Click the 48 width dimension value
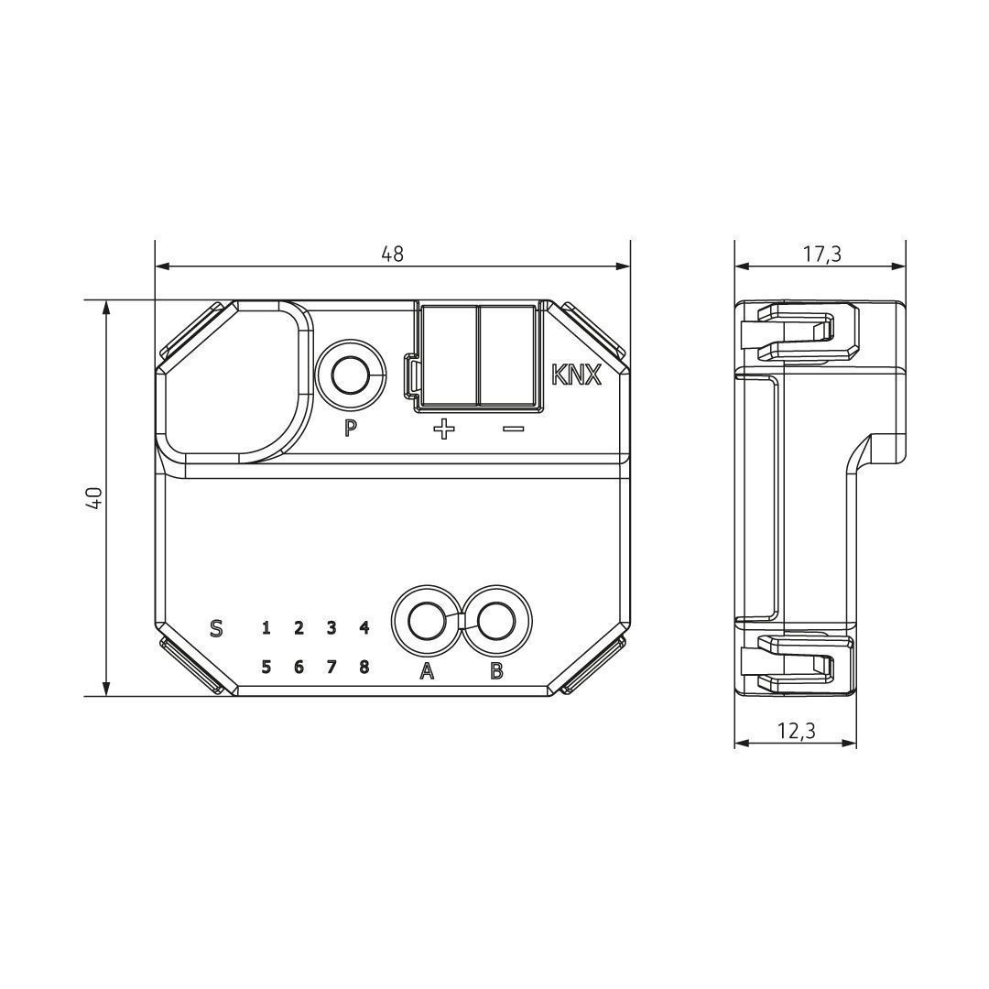pyautogui.click(x=392, y=254)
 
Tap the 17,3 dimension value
pyautogui.click(x=821, y=254)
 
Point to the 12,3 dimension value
pyautogui.click(x=796, y=730)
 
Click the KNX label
pyautogui.click(x=576, y=375)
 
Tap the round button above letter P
pyautogui.click(x=350, y=375)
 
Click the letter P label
pyautogui.click(x=350, y=428)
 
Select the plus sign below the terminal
pyautogui.click(x=444, y=429)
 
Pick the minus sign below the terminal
pyautogui.click(x=513, y=429)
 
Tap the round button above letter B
pyautogui.click(x=496, y=622)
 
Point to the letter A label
pyautogui.click(x=426, y=672)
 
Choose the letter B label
pyautogui.click(x=496, y=672)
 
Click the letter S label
pyautogui.click(x=216, y=628)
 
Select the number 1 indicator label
pyautogui.click(x=266, y=628)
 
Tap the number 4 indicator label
pyautogui.click(x=364, y=628)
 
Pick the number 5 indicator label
pyautogui.click(x=266, y=667)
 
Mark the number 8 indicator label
pyautogui.click(x=364, y=667)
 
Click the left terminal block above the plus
pyautogui.click(x=449, y=355)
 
